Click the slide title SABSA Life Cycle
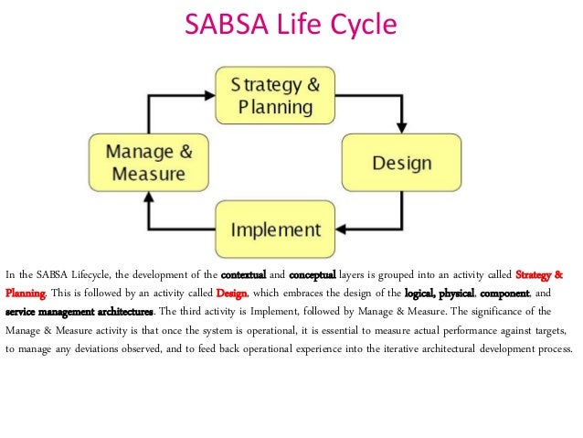(291, 25)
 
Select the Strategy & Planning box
(275, 96)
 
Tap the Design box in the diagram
(401, 164)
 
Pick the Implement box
(275, 230)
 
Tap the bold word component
(504, 294)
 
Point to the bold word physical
(455, 294)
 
